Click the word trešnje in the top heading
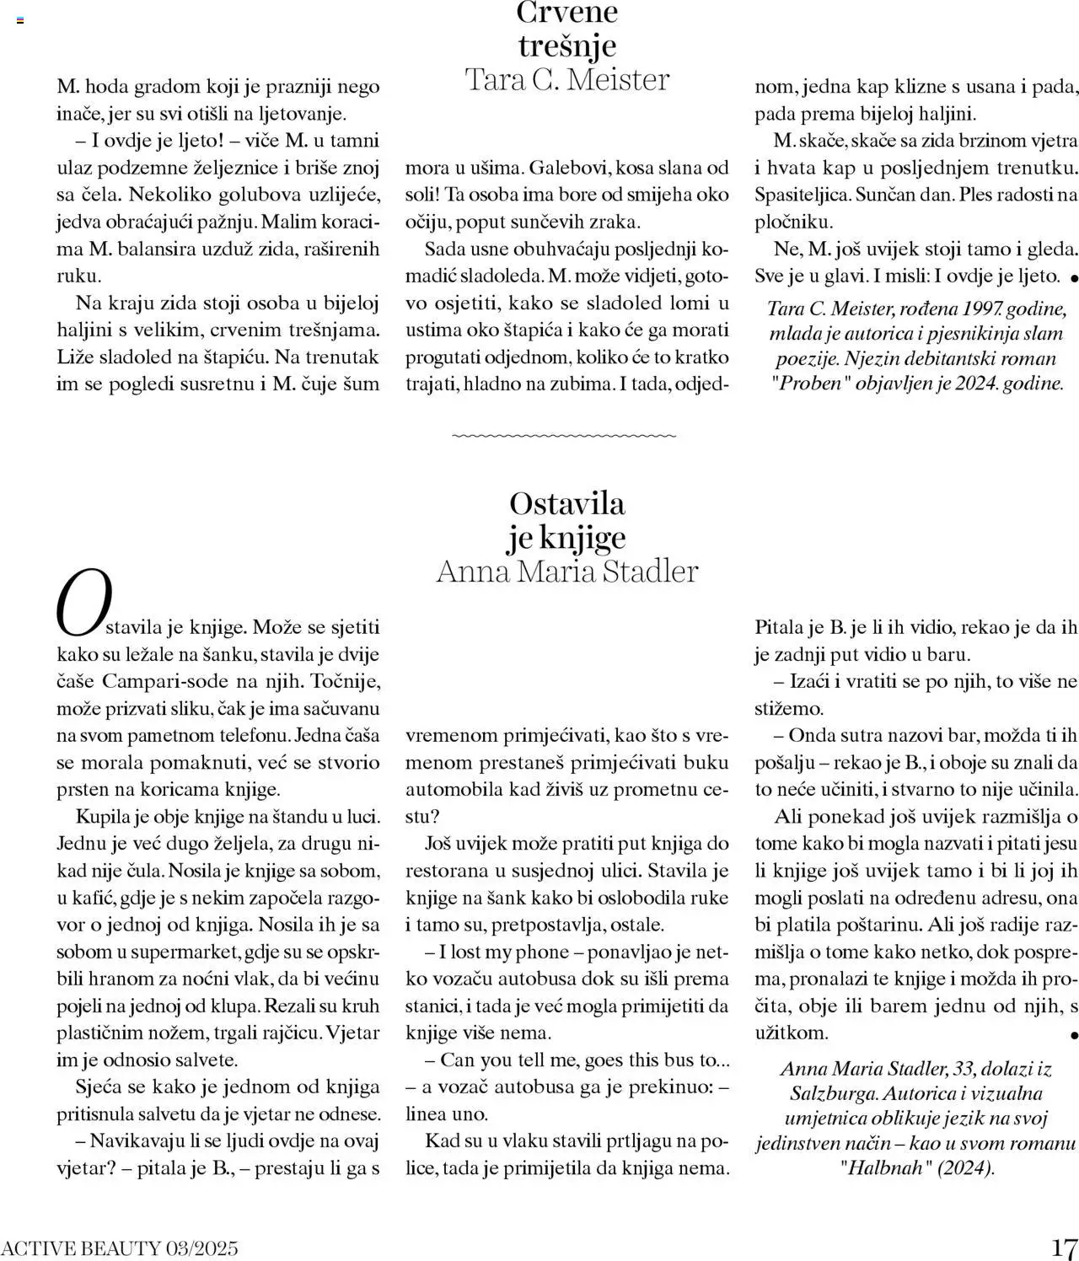coord(567,46)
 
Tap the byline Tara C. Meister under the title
coord(567,80)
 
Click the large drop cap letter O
coord(83,603)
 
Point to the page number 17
coord(1064,1248)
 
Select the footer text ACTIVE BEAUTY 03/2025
coord(120,1248)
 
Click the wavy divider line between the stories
coord(564,436)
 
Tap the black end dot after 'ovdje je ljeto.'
coord(1073,277)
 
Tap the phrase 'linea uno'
coord(447,1113)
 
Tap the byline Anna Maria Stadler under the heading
coord(567,571)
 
